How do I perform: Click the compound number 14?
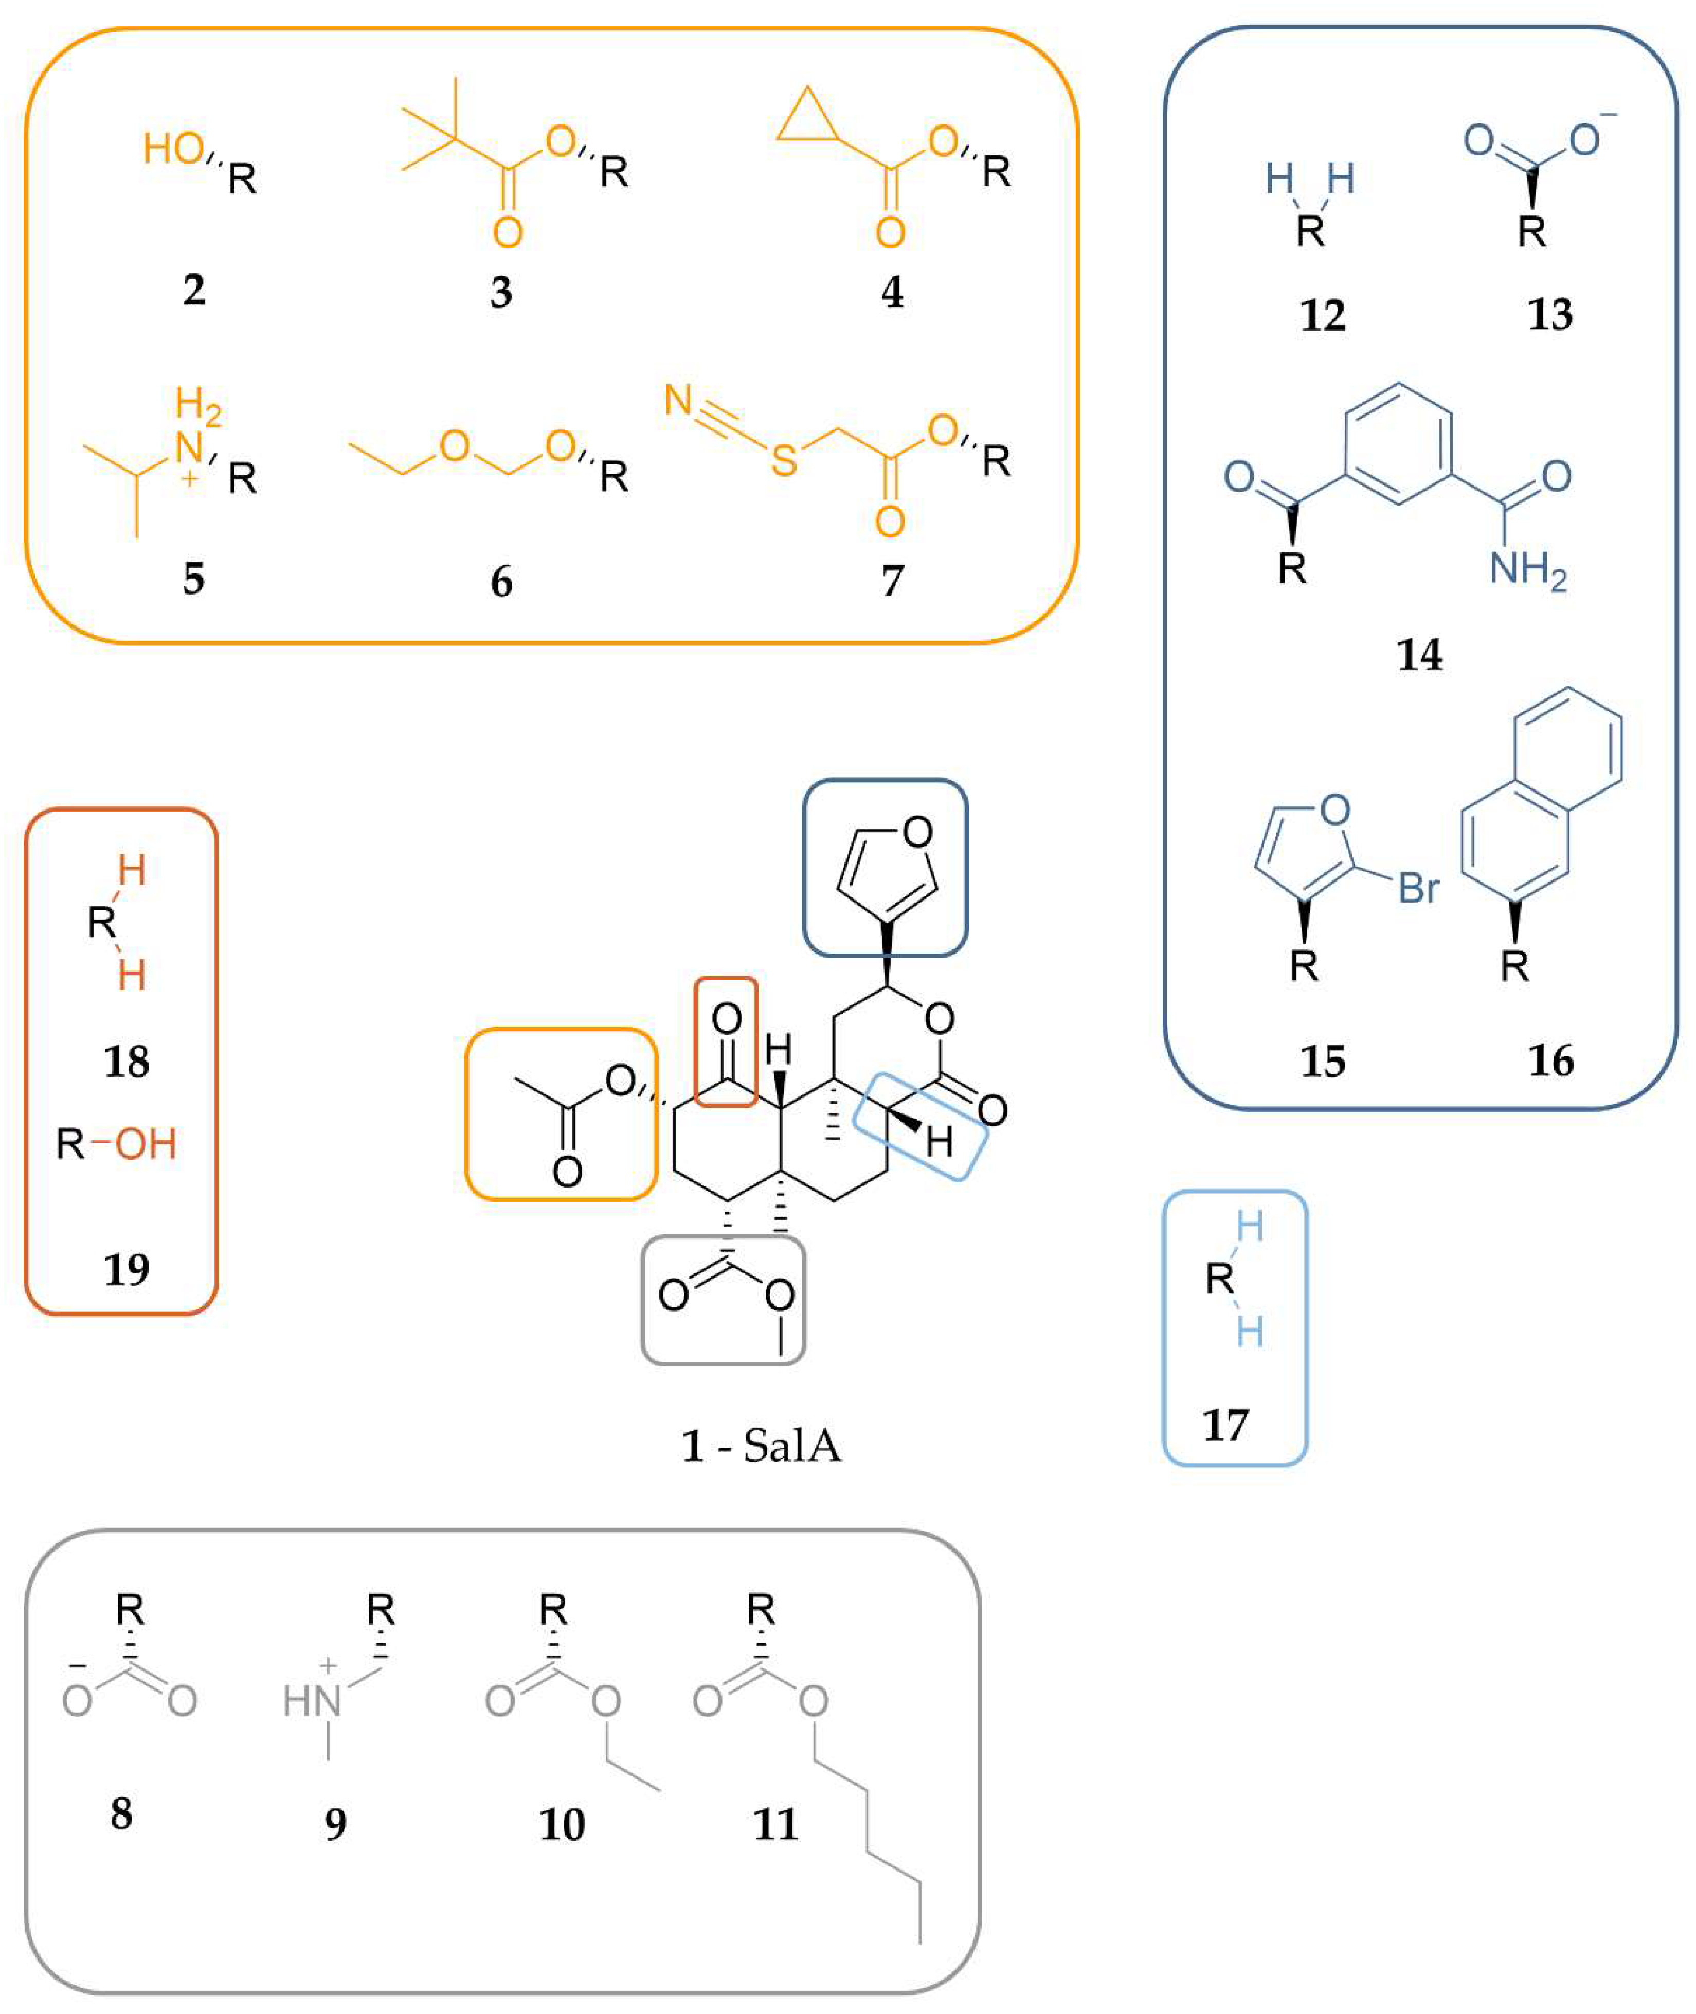pos(1419,655)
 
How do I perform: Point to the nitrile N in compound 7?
pos(679,400)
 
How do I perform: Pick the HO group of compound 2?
pos(173,149)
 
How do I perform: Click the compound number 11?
pos(775,1824)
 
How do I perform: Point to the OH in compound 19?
pos(146,1144)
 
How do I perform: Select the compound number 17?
pos(1225,1425)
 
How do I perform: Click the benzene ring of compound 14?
pos(1398,443)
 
